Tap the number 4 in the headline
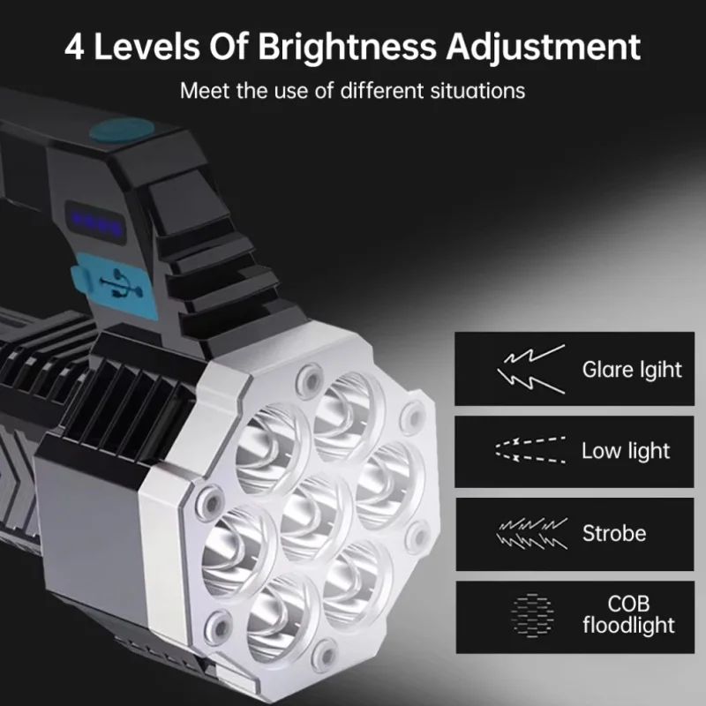pos(77,47)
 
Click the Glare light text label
pos(632,369)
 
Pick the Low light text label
pos(626,451)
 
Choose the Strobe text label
pos(614,533)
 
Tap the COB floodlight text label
pos(628,615)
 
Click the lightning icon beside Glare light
pos(531,369)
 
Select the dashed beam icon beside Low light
pos(529,450)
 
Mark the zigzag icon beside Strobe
pos(531,534)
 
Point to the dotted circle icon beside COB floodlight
pos(531,615)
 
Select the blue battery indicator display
pos(98,221)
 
